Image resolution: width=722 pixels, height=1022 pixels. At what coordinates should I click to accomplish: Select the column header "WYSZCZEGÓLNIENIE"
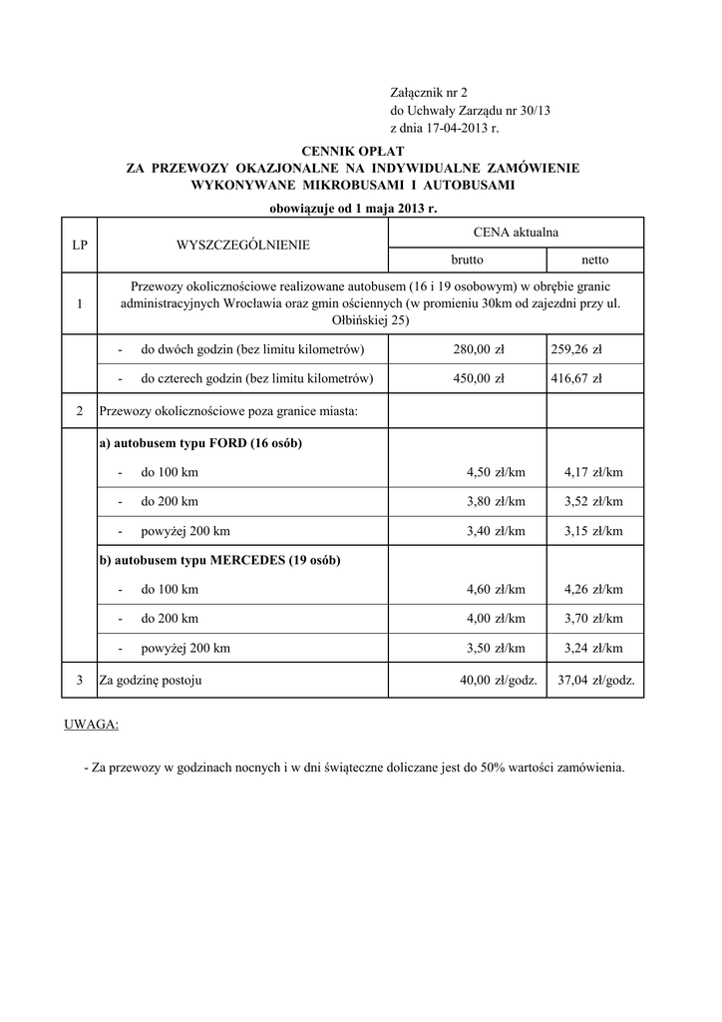pos(242,245)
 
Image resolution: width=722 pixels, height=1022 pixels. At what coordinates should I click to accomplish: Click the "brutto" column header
pos(467,259)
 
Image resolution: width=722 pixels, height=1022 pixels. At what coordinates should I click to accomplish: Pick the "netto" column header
pos(594,259)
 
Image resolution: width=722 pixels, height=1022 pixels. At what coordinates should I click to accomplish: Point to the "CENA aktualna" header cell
pos(515,232)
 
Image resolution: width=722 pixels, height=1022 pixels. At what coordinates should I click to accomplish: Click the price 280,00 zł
pos(479,349)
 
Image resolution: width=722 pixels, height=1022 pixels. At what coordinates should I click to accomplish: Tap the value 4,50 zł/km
pos(496,472)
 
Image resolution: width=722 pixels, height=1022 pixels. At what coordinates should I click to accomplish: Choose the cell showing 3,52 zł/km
pos(593,501)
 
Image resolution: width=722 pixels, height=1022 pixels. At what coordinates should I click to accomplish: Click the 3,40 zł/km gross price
pos(496,531)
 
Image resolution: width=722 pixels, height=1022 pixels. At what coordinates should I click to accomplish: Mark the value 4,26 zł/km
pos(593,589)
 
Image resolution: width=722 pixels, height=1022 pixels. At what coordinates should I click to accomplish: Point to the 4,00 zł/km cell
pos(496,619)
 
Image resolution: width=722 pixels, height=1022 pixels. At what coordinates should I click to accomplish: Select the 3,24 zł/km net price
pos(593,648)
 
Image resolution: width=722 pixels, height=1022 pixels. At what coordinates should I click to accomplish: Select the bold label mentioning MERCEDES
pos(219,560)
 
